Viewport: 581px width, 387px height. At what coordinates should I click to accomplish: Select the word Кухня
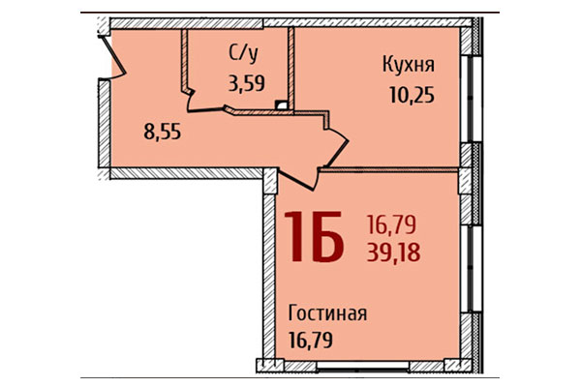408,65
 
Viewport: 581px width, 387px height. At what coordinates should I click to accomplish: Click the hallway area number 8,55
162,130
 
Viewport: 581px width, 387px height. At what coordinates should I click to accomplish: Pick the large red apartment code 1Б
313,238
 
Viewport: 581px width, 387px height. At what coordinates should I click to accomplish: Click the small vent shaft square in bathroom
281,104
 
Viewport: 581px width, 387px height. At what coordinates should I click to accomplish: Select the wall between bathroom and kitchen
291,62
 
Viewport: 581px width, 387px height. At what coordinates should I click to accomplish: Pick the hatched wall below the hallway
184,173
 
